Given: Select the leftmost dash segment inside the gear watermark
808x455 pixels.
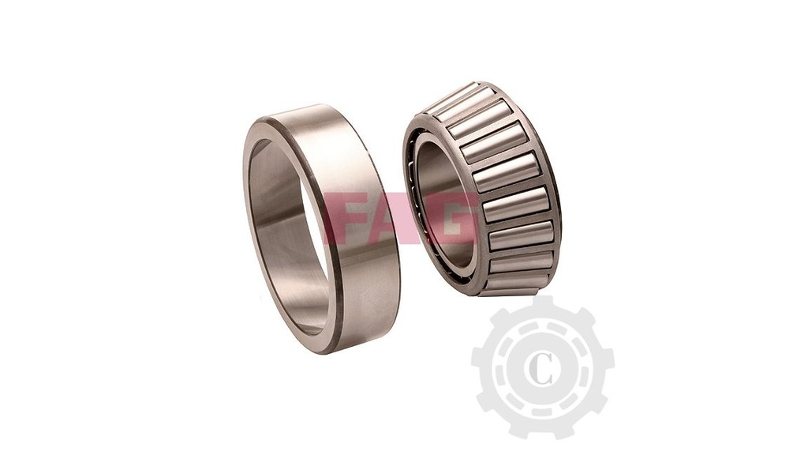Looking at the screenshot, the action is pyautogui.click(x=499, y=368).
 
